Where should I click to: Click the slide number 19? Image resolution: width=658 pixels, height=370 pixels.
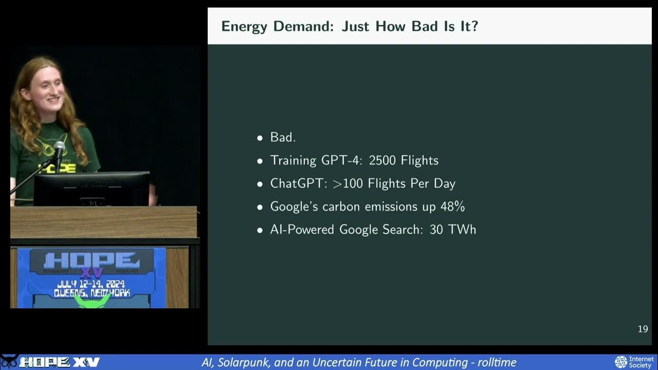pyautogui.click(x=643, y=329)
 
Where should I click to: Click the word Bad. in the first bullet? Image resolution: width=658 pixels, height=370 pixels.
pyautogui.click(x=283, y=137)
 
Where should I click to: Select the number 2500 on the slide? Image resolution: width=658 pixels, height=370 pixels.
pyautogui.click(x=382, y=161)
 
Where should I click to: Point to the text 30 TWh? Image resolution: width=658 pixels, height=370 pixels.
pyautogui.click(x=453, y=229)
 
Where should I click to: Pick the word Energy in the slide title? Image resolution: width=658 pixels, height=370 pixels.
pyautogui.click(x=244, y=27)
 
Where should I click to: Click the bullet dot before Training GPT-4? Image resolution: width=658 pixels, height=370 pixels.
pyautogui.click(x=260, y=161)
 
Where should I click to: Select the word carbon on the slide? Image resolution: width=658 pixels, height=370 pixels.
pyautogui.click(x=341, y=207)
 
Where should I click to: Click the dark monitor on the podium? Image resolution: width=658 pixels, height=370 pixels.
pyautogui.click(x=92, y=189)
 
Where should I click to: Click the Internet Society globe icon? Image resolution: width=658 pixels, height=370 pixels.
pyautogui.click(x=621, y=362)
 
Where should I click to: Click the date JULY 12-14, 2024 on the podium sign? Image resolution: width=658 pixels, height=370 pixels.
pyautogui.click(x=91, y=284)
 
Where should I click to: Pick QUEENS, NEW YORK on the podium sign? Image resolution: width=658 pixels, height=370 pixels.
pyautogui.click(x=92, y=293)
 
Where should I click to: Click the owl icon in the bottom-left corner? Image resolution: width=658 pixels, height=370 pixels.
pyautogui.click(x=9, y=362)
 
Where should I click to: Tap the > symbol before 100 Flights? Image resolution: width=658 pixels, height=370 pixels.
pyautogui.click(x=337, y=184)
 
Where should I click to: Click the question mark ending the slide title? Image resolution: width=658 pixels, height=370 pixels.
pyautogui.click(x=474, y=26)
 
